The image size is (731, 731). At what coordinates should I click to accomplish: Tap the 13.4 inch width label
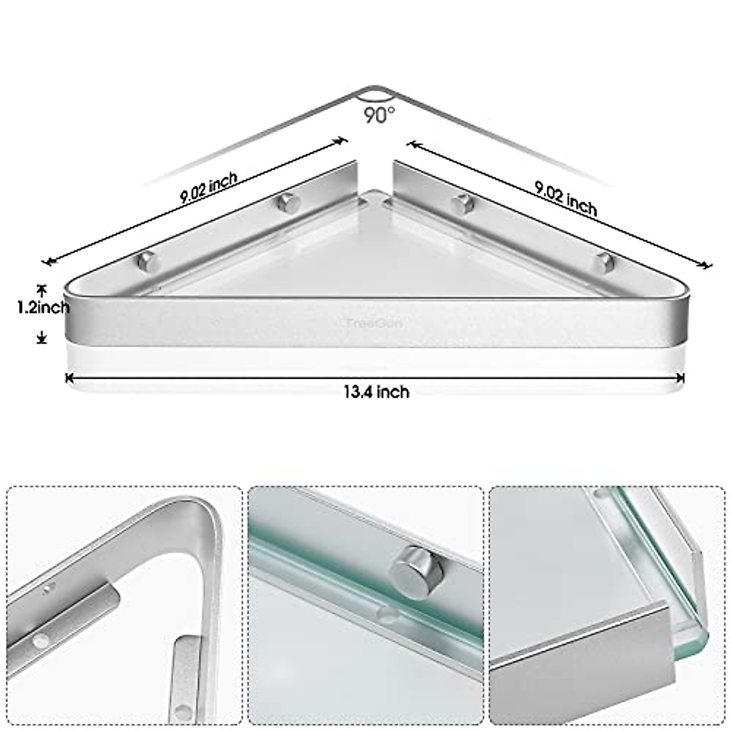(376, 392)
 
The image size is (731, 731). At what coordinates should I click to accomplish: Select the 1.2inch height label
(43, 308)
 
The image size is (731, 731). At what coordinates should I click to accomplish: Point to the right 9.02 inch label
(566, 199)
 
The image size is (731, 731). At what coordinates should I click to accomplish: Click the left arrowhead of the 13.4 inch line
(69, 378)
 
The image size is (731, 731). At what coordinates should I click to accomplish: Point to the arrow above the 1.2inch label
(41, 289)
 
